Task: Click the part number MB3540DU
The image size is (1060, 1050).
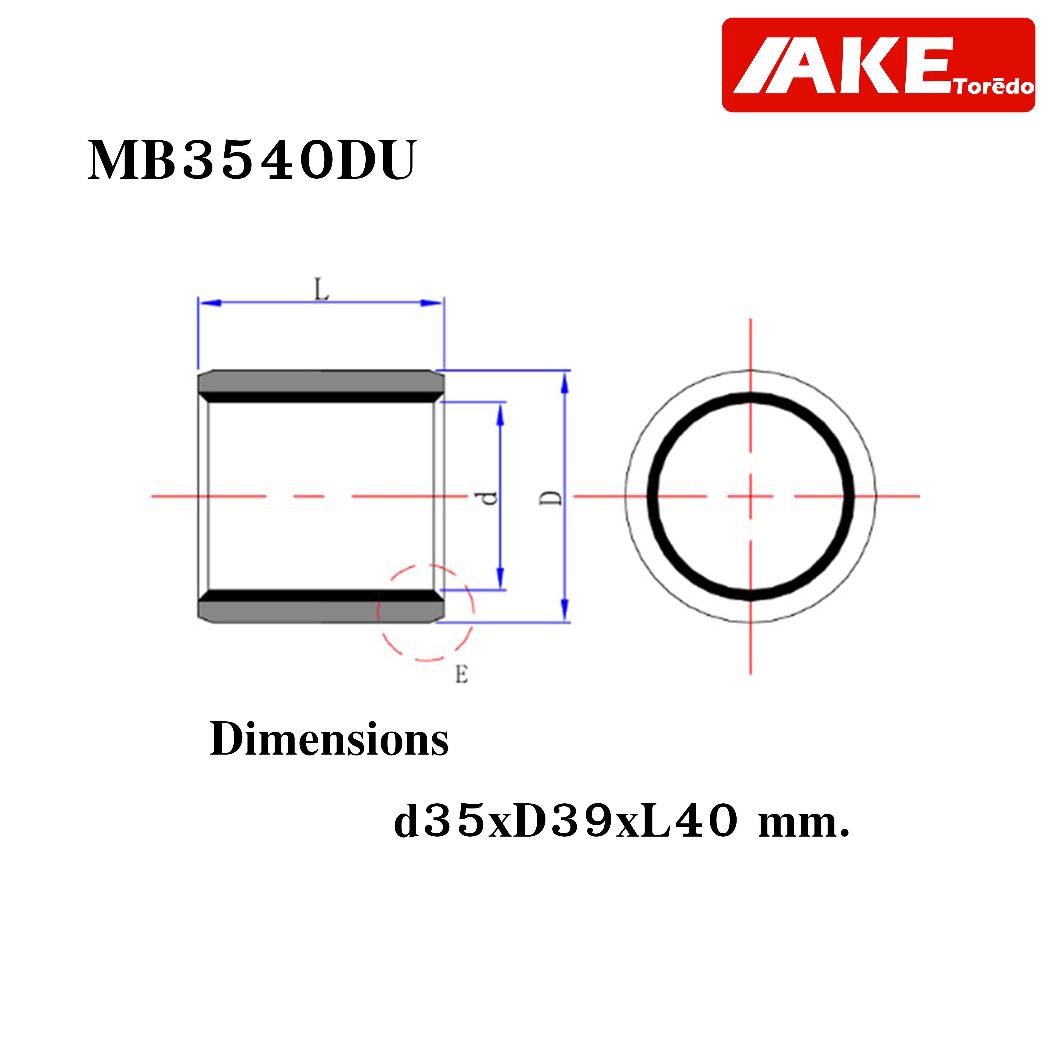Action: (253, 160)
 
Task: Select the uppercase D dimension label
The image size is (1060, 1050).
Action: (550, 498)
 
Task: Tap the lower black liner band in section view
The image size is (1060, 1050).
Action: (321, 596)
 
